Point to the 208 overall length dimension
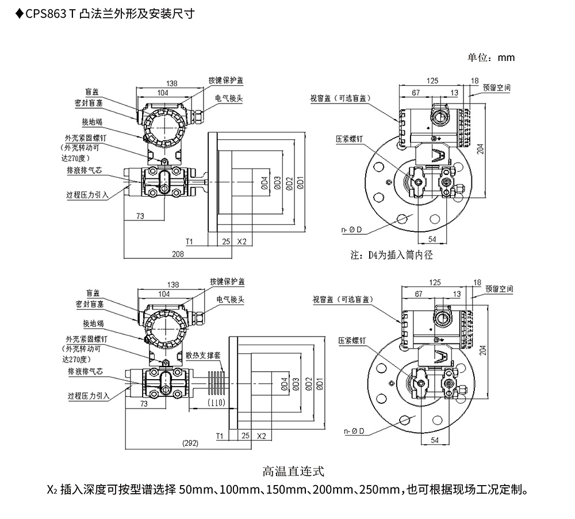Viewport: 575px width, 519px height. click(178, 253)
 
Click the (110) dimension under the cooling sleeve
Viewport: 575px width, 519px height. click(216, 402)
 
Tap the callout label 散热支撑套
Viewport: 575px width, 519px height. click(203, 356)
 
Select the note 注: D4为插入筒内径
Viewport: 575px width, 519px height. click(391, 254)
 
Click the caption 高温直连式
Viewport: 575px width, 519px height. click(293, 472)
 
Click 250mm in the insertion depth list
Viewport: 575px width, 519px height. click(375, 490)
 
